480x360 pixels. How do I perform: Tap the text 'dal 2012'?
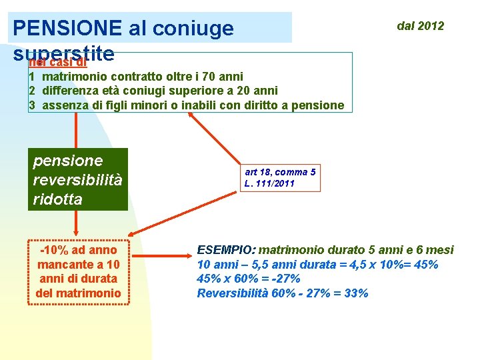pyautogui.click(x=420, y=26)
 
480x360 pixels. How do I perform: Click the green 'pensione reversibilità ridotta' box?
pyautogui.click(x=77, y=179)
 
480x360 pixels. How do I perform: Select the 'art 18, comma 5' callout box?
pyautogui.click(x=281, y=177)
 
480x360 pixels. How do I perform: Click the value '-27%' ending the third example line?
pyautogui.click(x=286, y=279)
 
